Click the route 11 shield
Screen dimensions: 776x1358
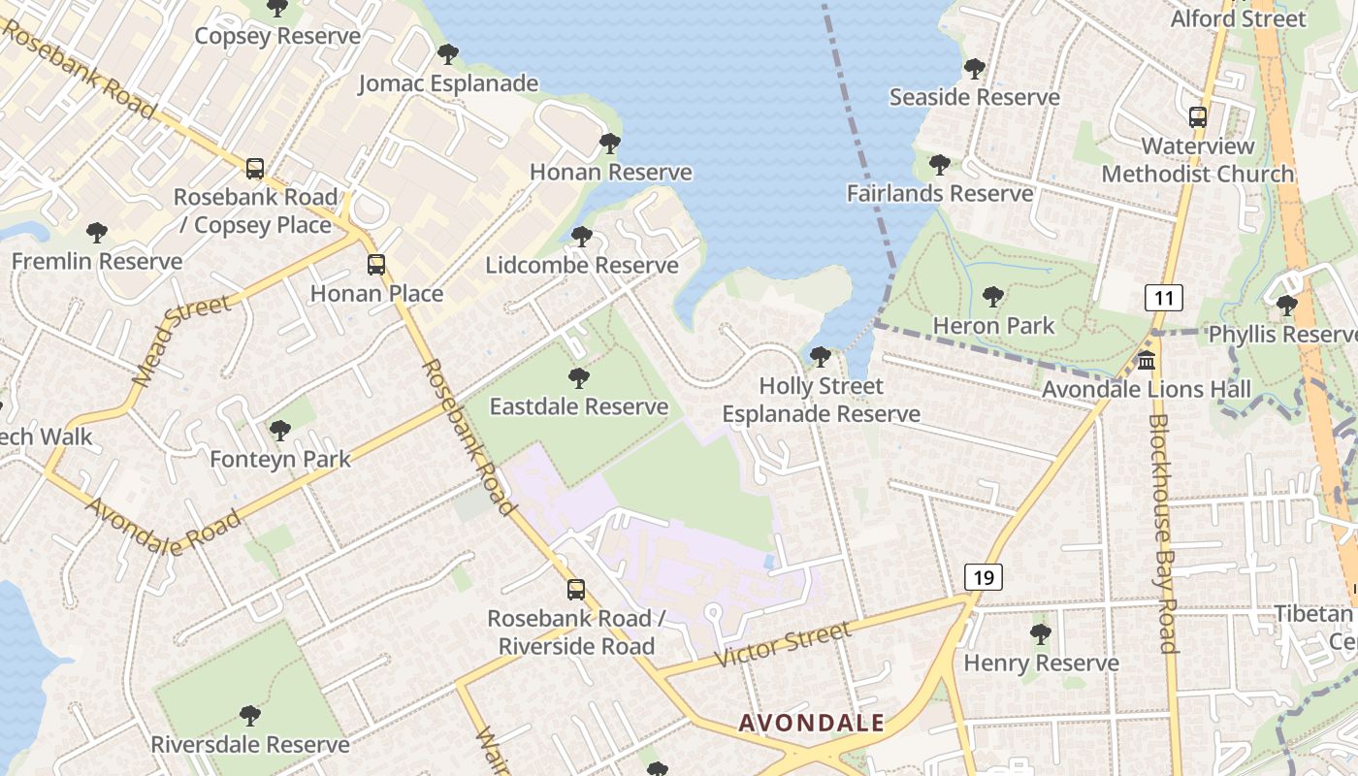[x=1163, y=297]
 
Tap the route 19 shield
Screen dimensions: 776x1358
[x=983, y=577]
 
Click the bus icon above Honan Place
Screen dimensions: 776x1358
[x=375, y=264]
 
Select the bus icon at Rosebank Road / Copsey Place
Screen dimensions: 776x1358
[x=254, y=169]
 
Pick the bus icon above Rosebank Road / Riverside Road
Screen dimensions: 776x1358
[x=575, y=589]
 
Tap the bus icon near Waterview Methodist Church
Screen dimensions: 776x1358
[x=1198, y=117]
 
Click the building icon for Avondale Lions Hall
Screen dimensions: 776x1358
[x=1147, y=361]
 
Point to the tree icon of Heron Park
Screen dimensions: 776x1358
[x=992, y=297]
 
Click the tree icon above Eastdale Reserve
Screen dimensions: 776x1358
[x=578, y=377]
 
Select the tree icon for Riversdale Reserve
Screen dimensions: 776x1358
[x=249, y=716]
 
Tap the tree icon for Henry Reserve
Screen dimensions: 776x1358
[x=1041, y=634]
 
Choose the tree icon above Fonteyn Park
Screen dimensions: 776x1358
[x=280, y=430]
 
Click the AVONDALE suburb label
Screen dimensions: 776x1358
[x=811, y=723]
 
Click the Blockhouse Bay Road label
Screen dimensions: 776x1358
[x=1162, y=533]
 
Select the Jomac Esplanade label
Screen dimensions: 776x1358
[x=448, y=83]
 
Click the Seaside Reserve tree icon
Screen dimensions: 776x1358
[x=974, y=69]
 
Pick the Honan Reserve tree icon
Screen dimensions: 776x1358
[x=610, y=144]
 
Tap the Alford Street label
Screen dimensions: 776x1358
[x=1239, y=18]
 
